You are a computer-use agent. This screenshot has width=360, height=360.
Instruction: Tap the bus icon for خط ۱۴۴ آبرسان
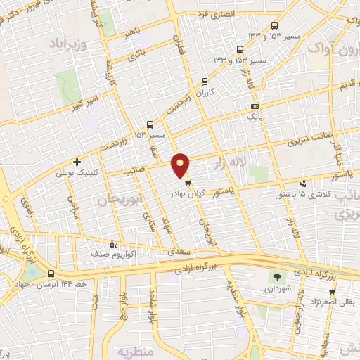(51, 274)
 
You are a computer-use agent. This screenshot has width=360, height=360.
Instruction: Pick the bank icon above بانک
(255, 105)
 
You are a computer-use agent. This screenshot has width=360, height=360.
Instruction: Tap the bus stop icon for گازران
(205, 82)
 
